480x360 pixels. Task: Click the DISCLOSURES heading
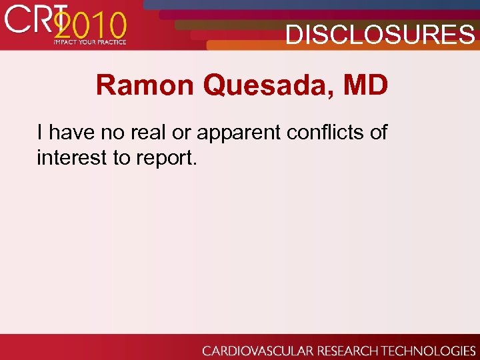click(380, 35)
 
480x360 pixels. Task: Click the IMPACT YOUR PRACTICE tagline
click(89, 42)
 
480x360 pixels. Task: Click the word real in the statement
click(151, 132)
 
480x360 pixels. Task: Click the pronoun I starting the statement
click(41, 132)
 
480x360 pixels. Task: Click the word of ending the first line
click(378, 132)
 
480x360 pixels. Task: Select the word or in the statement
click(180, 133)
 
